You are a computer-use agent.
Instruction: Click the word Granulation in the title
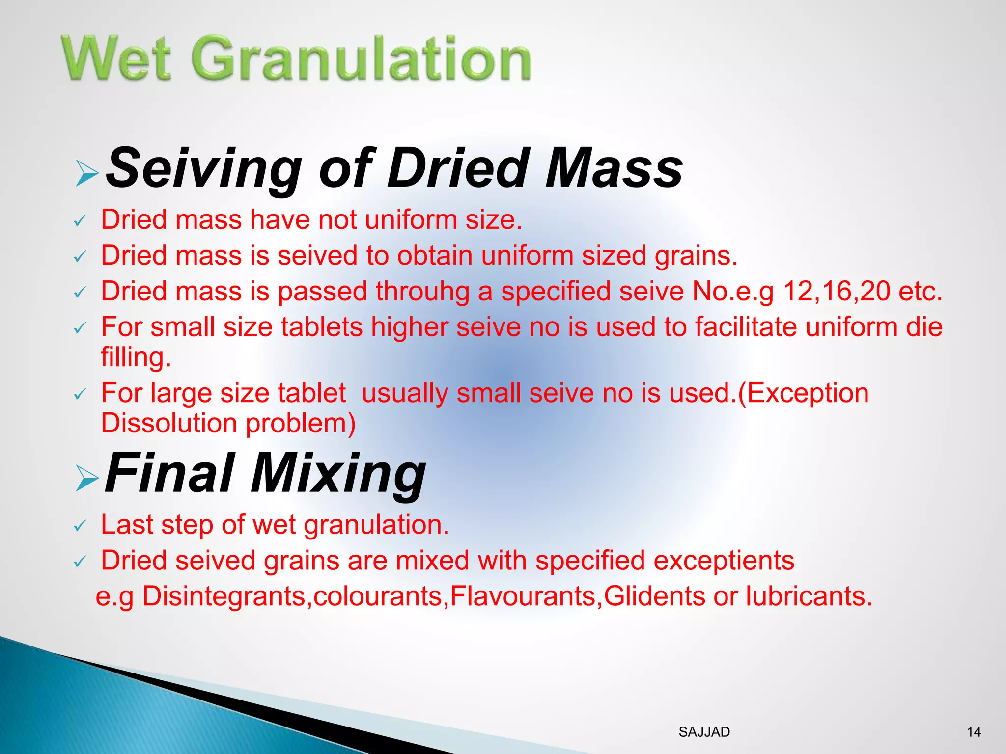pos(363,60)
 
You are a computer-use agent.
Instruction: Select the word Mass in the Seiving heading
pos(614,168)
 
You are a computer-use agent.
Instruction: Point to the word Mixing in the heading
pos(338,474)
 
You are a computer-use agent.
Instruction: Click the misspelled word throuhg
pos(422,292)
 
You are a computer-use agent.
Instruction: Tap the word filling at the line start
pos(136,357)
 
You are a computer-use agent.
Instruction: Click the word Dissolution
pos(169,423)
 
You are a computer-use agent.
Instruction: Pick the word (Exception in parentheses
pos(803,393)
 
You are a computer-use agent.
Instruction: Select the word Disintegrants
pos(224,597)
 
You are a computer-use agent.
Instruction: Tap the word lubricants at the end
pos(809,596)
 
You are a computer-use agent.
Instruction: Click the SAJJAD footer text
pos(704,732)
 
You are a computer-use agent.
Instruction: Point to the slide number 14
pos(974,732)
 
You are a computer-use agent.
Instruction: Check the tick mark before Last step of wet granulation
pos(80,527)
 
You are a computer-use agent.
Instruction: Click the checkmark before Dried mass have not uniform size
pos(80,221)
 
